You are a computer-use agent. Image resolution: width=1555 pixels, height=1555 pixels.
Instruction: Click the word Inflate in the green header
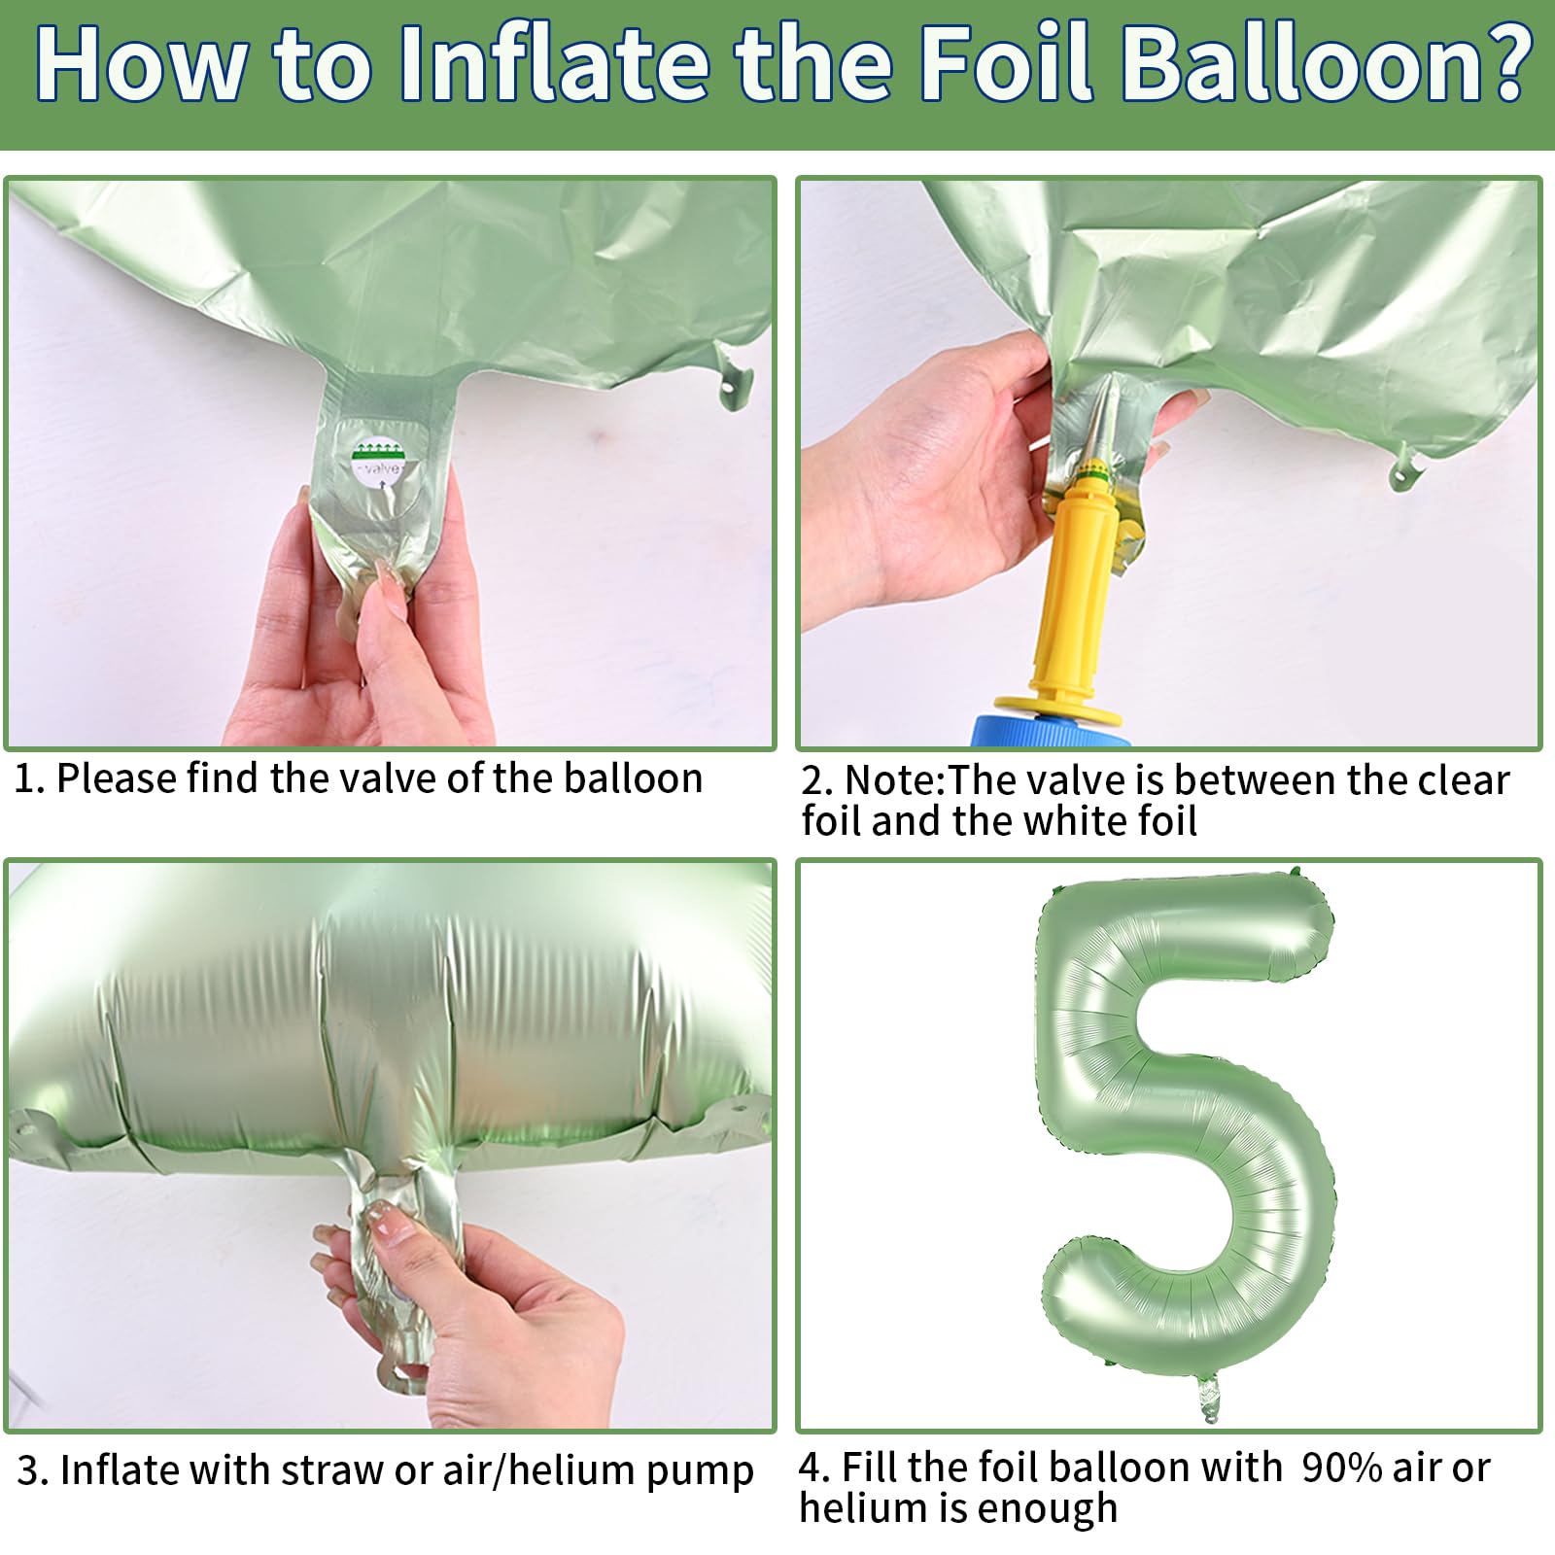[x=555, y=64]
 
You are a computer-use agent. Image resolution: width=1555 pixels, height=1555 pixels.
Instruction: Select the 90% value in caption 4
[x=1341, y=1468]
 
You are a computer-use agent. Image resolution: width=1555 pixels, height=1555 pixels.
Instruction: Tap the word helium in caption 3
[x=573, y=1470]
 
